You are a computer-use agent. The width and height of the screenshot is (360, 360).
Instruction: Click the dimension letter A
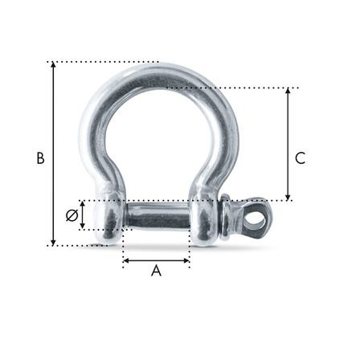(156, 272)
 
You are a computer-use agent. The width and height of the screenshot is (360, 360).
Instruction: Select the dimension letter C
(300, 158)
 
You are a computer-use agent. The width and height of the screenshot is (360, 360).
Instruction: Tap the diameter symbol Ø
(71, 215)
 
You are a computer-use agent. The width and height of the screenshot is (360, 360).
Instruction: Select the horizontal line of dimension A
(156, 260)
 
